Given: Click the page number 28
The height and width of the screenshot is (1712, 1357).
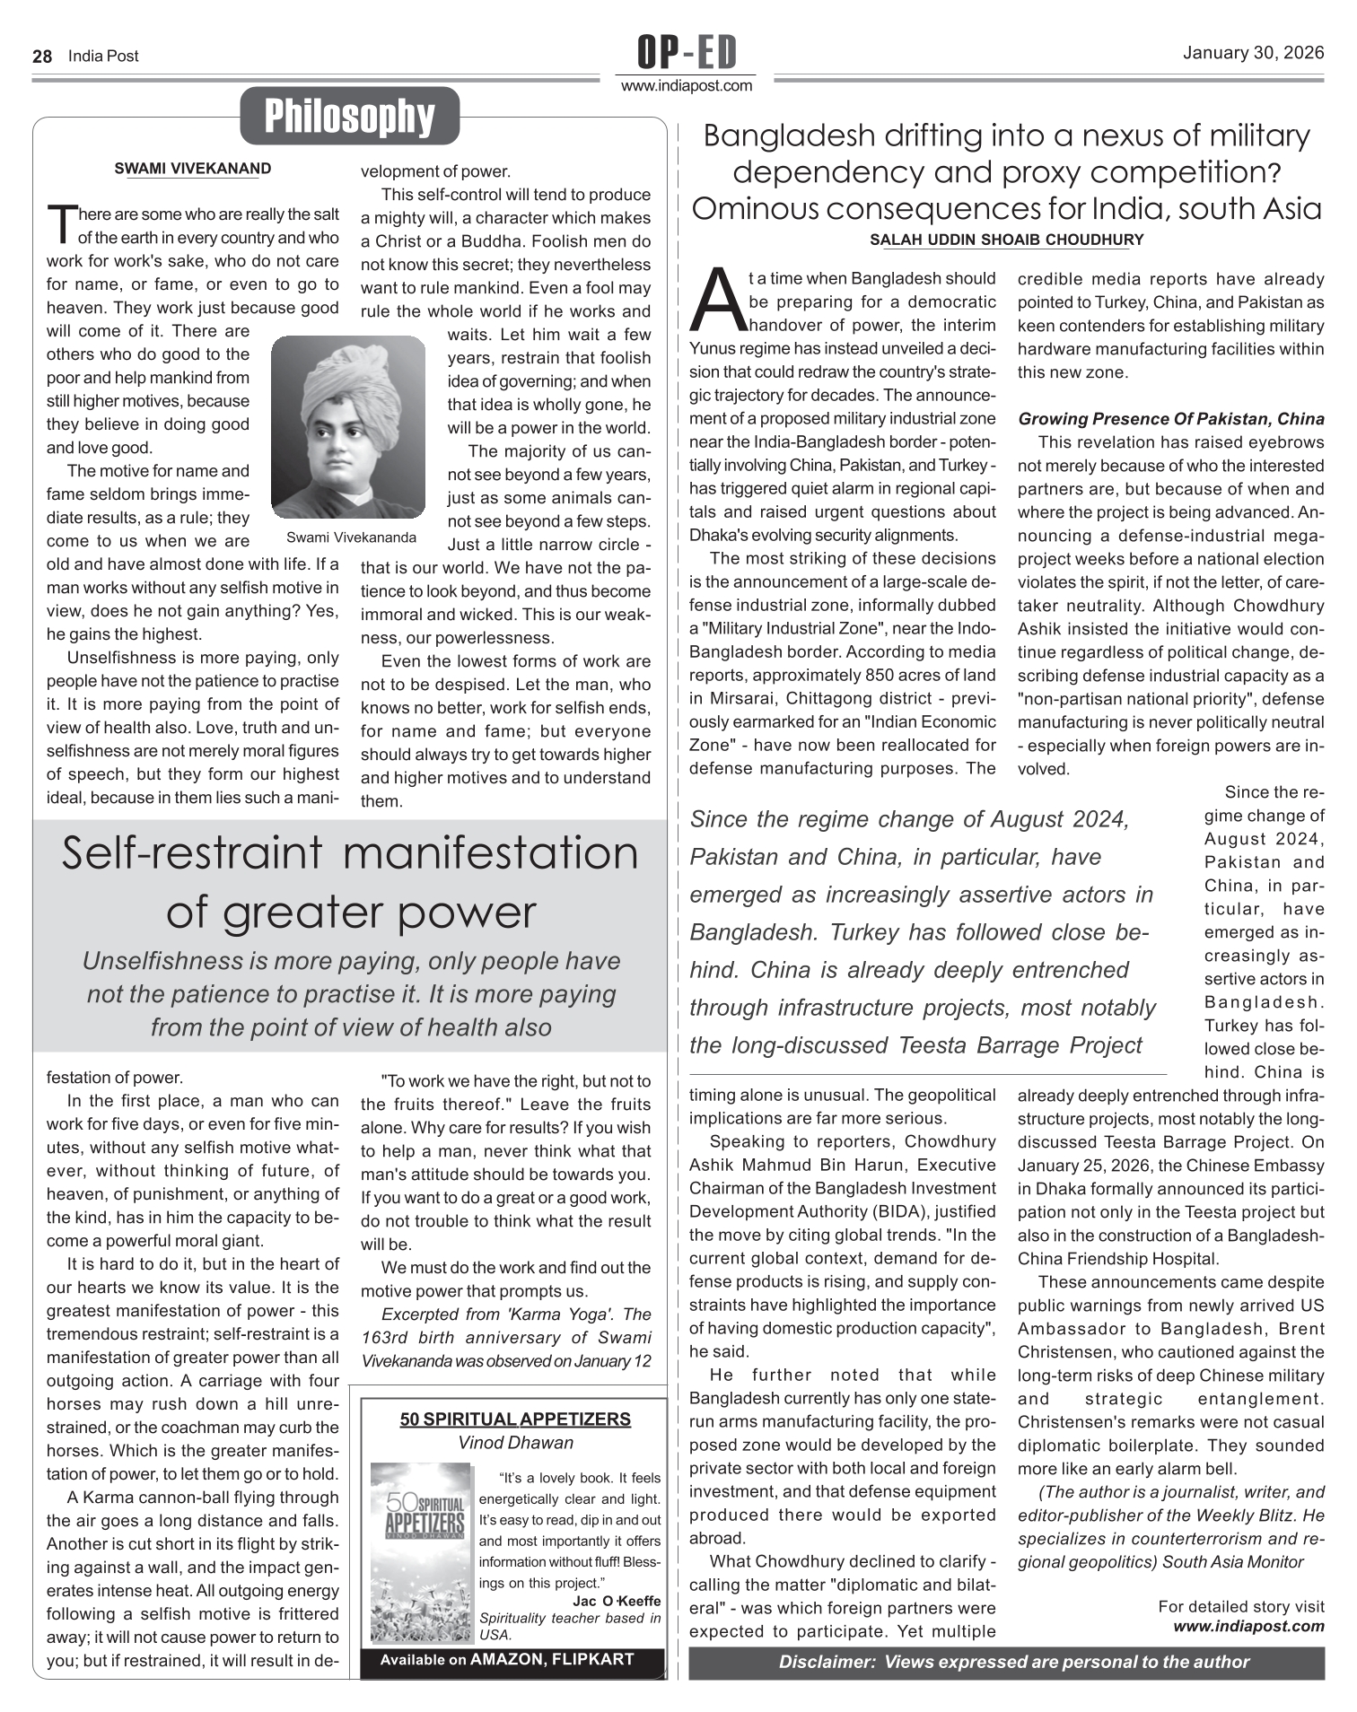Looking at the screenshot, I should pyautogui.click(x=41, y=57).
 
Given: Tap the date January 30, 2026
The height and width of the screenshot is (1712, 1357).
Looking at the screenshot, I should pyautogui.click(x=1253, y=53).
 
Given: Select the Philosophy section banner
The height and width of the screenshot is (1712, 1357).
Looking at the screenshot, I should pyautogui.click(x=349, y=116).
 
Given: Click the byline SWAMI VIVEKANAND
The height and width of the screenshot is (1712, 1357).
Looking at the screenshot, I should pyautogui.click(x=192, y=169).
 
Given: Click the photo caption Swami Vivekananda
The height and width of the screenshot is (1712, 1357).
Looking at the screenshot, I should pyautogui.click(x=351, y=537).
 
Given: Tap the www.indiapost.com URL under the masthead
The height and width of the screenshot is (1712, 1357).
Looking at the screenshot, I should pyautogui.click(x=687, y=86).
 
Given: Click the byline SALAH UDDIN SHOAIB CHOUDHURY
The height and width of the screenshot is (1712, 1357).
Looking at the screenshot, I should pyautogui.click(x=1006, y=240).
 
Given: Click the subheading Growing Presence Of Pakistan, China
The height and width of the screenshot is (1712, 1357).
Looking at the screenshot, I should pyautogui.click(x=1170, y=419).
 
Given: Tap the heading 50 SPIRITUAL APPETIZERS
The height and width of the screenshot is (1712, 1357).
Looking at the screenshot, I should pyautogui.click(x=515, y=1419).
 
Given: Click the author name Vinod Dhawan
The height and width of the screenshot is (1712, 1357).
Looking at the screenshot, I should pyautogui.click(x=515, y=1443).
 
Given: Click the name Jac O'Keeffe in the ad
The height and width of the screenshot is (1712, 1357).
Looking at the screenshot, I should pyautogui.click(x=616, y=1601).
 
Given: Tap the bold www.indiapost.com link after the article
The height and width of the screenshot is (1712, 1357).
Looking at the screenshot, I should pyautogui.click(x=1248, y=1626).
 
